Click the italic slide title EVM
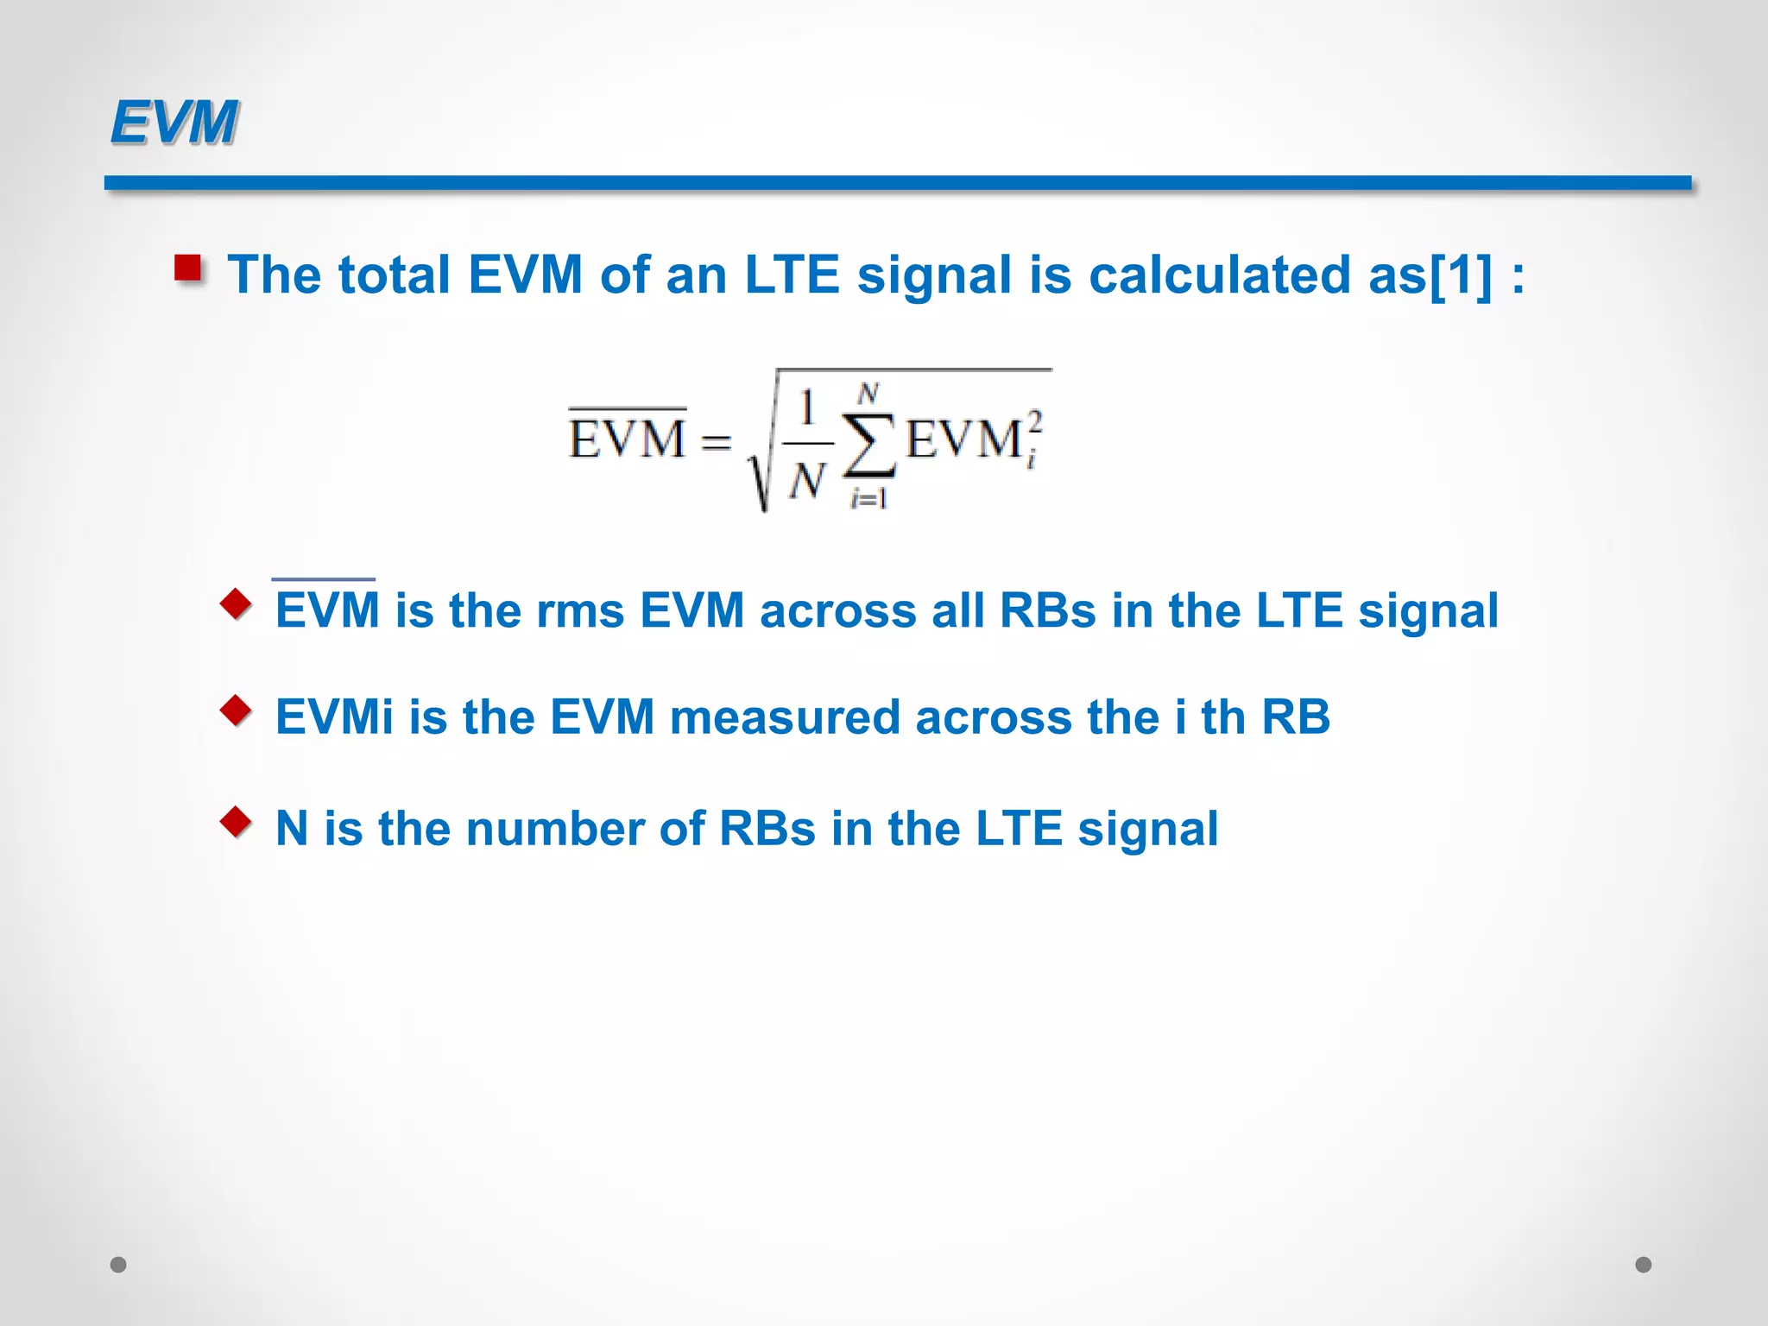click(x=174, y=122)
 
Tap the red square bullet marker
click(x=188, y=268)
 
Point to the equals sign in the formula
click(x=716, y=442)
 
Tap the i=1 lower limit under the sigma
click(x=868, y=498)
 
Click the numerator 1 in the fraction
click(x=807, y=407)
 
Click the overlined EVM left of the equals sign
click(x=628, y=438)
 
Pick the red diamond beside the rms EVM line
click(x=236, y=603)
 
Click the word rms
click(x=580, y=611)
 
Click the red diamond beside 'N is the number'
click(x=236, y=822)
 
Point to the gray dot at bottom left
click(x=118, y=1265)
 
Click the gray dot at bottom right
click(x=1644, y=1265)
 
